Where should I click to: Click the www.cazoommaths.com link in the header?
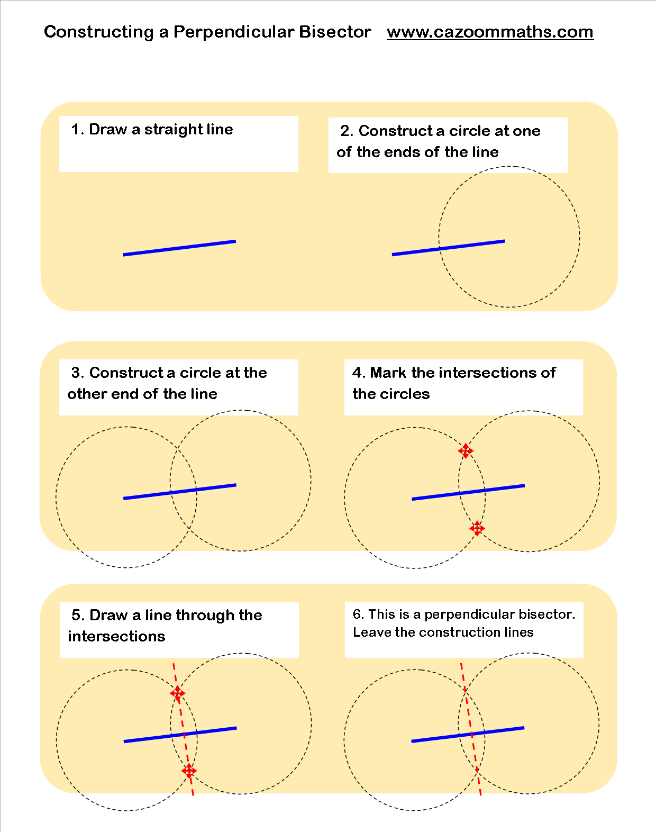(x=490, y=32)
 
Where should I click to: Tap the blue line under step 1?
(x=179, y=248)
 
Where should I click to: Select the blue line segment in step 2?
(x=448, y=248)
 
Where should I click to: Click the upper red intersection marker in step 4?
(x=466, y=451)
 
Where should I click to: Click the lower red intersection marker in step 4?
(x=477, y=528)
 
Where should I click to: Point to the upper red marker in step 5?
(x=178, y=693)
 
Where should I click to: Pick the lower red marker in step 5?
(x=189, y=771)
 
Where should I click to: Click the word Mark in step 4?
(x=388, y=373)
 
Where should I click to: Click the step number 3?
(x=77, y=373)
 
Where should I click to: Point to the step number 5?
(x=77, y=615)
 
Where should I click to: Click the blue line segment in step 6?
(x=468, y=735)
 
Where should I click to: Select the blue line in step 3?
(x=180, y=492)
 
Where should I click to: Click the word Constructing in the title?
(x=99, y=32)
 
